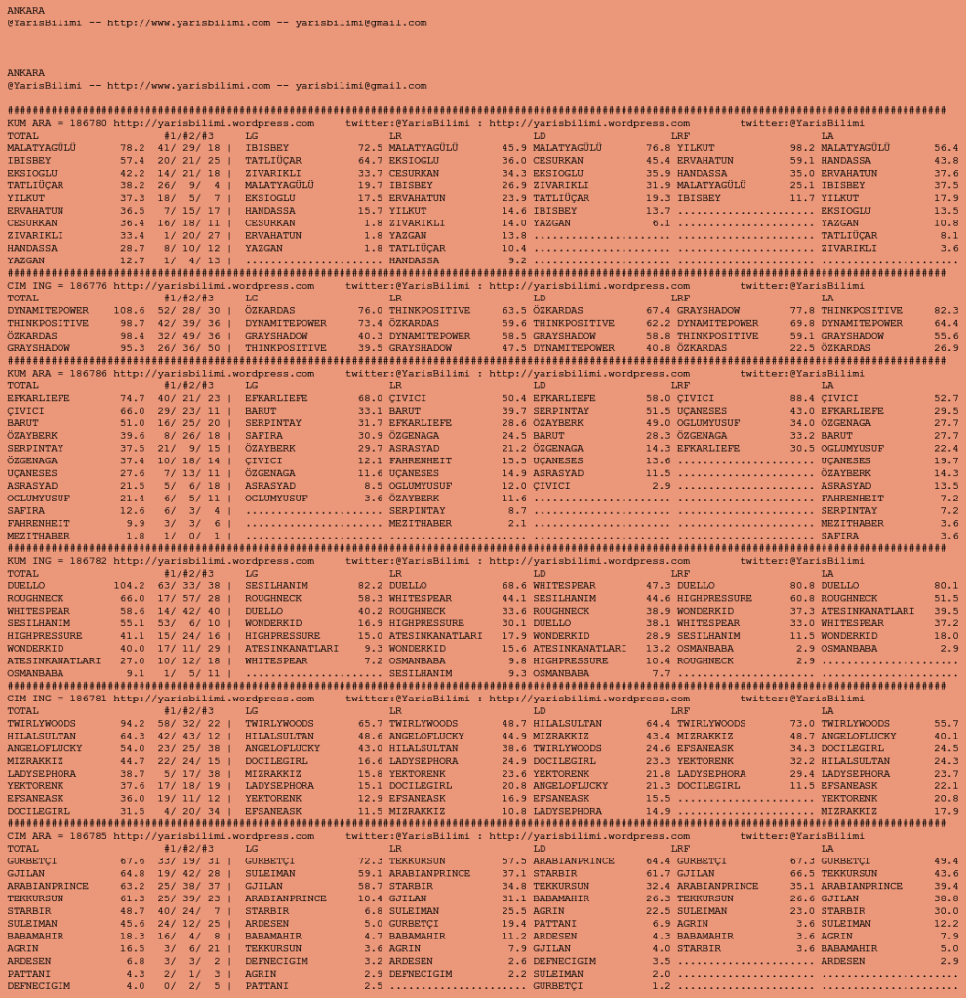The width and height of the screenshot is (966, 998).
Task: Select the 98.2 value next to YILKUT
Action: tap(802, 148)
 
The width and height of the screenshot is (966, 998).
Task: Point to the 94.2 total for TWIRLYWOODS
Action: tap(132, 724)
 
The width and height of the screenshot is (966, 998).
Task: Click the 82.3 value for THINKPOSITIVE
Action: tap(946, 311)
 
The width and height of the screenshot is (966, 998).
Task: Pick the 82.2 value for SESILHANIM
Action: tap(370, 586)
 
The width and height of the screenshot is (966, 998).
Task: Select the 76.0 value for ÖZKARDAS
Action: tap(370, 311)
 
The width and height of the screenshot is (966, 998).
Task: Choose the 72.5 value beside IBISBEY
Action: tap(370, 148)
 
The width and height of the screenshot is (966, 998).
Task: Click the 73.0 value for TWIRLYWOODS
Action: tap(802, 724)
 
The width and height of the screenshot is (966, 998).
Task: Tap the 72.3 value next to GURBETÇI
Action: tap(370, 861)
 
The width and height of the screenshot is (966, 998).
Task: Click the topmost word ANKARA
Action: tap(25, 10)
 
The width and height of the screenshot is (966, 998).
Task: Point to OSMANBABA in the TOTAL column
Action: tap(38, 673)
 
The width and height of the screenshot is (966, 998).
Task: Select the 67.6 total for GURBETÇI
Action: tap(132, 861)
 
